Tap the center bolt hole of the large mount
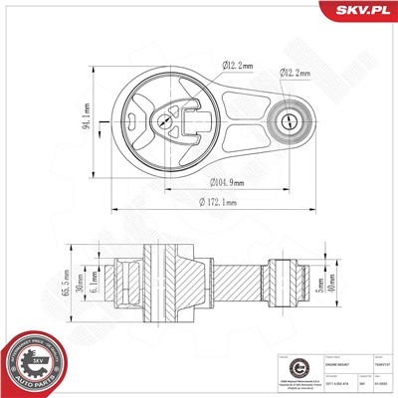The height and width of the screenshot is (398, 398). coord(161,122)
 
